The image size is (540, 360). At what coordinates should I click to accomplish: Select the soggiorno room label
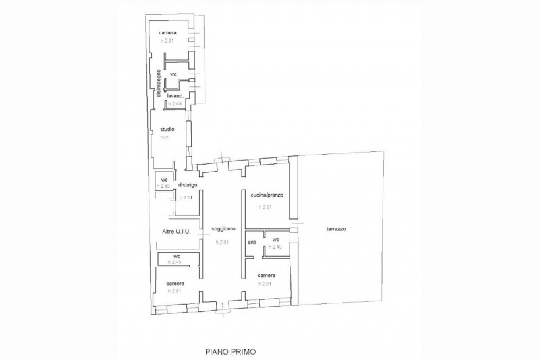pos(223,230)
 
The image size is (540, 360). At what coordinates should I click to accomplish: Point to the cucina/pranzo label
pos(267,195)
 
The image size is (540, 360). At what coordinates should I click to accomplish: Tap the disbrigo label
pos(187,185)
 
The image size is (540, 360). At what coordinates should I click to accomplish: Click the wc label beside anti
pos(275,240)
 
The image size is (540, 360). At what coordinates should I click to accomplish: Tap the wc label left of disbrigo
pos(163,179)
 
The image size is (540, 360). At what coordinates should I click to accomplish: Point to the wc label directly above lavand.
pos(173,73)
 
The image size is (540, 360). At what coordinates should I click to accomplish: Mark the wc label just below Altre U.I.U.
pos(176,257)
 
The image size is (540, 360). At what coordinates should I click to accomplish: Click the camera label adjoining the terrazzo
pos(266,276)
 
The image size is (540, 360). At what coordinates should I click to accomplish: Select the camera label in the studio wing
pos(168,33)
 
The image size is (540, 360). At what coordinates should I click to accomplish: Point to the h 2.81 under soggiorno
pos(223,242)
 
